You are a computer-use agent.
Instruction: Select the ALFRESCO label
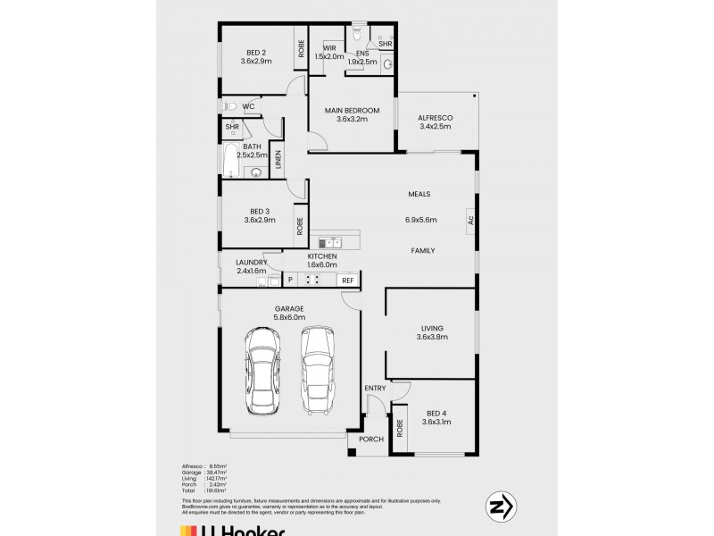tap(436, 118)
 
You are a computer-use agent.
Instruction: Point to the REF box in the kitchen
tap(348, 281)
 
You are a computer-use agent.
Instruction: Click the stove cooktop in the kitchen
tap(313, 280)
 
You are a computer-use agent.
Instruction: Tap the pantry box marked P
tap(290, 281)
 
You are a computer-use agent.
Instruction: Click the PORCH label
tap(370, 440)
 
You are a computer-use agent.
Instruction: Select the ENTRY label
tap(375, 388)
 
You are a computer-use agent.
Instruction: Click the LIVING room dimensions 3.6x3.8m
tap(431, 337)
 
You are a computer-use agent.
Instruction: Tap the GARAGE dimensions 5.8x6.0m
tap(289, 317)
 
